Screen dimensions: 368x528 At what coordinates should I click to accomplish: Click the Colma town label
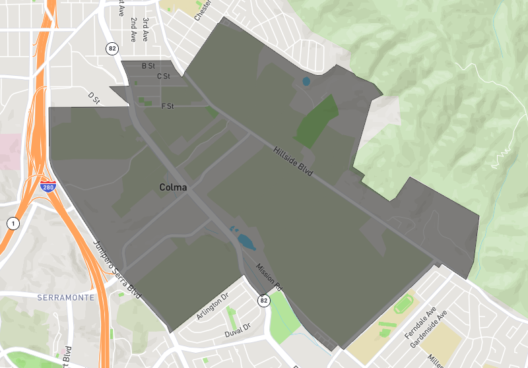point(173,187)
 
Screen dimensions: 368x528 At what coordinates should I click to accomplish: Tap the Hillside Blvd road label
point(292,160)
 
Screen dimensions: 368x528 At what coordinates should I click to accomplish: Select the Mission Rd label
point(269,277)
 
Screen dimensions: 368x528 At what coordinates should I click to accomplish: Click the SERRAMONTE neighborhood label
point(65,297)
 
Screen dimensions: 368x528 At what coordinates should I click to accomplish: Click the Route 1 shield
point(12,224)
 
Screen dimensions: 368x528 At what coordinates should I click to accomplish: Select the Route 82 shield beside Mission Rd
point(264,300)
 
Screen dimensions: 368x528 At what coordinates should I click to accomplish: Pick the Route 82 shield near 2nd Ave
point(112,48)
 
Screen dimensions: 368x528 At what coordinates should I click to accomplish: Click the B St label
point(148,66)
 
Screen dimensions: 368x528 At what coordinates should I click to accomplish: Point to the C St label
point(164,77)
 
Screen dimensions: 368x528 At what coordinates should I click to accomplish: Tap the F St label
point(167,106)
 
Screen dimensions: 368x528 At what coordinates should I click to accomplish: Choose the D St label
point(94,98)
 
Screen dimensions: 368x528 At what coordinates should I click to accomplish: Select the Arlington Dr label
point(212,307)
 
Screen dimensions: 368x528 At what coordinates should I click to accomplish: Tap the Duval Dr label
point(238,327)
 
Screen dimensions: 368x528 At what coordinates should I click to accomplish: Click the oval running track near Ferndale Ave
point(402,305)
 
